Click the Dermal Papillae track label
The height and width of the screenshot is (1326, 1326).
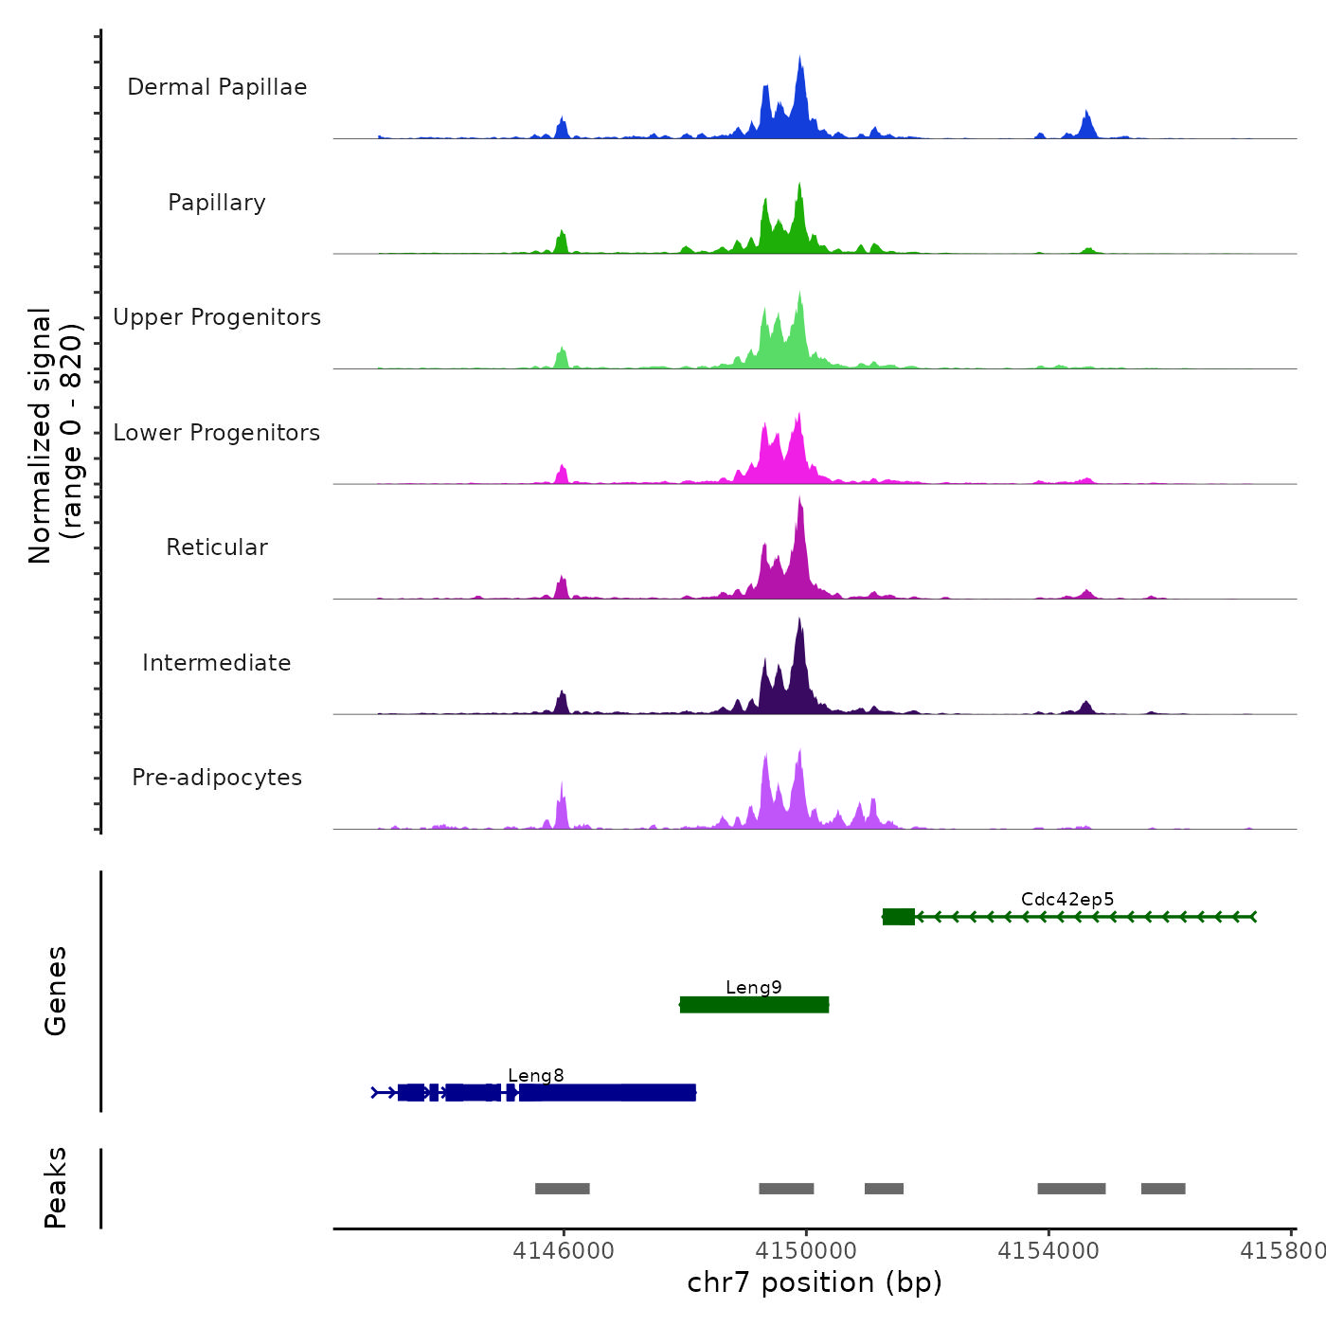[x=217, y=87]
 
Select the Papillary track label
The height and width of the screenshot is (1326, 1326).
[x=217, y=203]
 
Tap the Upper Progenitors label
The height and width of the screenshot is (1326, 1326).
[x=217, y=317]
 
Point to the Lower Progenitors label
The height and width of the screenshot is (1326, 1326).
[x=217, y=433]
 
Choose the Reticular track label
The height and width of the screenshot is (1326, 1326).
[x=217, y=547]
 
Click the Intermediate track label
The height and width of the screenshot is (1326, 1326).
[x=217, y=663]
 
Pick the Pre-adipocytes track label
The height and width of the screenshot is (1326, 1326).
[x=217, y=778]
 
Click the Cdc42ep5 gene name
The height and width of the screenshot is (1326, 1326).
[x=1067, y=900]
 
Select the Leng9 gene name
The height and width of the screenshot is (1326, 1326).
[x=754, y=988]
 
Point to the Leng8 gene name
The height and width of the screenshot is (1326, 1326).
[x=536, y=1076]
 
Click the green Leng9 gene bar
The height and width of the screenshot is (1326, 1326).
[x=754, y=1005]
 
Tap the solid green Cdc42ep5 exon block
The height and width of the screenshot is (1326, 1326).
[x=899, y=917]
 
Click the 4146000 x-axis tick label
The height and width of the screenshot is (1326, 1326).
[x=564, y=1251]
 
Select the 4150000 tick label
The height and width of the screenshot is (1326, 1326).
[x=806, y=1251]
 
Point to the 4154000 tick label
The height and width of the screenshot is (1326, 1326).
[x=1048, y=1251]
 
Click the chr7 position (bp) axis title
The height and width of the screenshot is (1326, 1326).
[x=815, y=1282]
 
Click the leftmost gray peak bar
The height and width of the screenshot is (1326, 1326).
[x=563, y=1189]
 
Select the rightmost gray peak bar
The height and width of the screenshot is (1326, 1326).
[x=1163, y=1189]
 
